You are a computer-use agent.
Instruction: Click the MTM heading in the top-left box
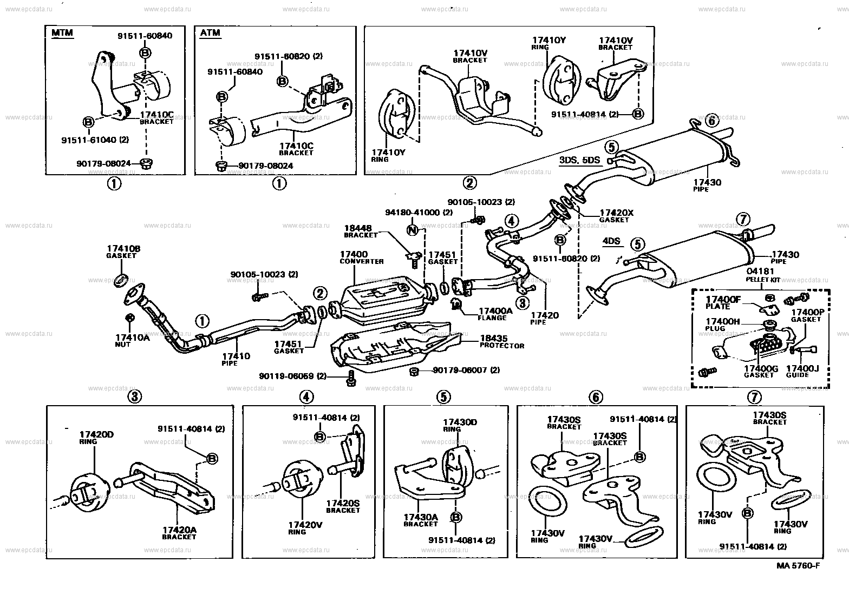(x=62, y=33)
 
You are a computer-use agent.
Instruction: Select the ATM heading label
(x=210, y=32)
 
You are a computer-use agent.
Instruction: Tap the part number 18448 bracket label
(x=361, y=231)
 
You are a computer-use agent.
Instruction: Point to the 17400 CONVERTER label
(x=361, y=257)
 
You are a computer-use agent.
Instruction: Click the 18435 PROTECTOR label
(x=501, y=342)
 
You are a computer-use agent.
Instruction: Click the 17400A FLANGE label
(x=492, y=314)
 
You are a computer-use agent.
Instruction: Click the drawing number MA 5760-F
(x=798, y=566)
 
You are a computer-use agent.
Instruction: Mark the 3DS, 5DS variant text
(x=579, y=161)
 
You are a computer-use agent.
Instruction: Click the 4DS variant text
(x=611, y=242)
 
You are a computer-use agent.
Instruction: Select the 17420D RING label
(x=96, y=437)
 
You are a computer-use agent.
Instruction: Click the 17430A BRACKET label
(x=420, y=520)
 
